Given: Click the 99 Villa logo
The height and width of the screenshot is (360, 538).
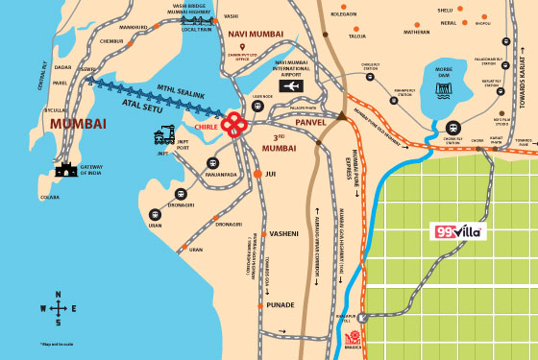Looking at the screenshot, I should (457, 231).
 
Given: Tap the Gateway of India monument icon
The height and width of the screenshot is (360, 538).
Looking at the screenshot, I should (65, 170).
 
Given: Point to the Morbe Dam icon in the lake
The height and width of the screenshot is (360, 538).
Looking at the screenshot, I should (443, 89).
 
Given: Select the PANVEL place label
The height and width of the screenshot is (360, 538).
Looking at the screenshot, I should (311, 123).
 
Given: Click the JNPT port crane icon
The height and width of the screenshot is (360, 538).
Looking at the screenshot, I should (164, 134).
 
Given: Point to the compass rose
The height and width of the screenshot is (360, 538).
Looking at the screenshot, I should (58, 308).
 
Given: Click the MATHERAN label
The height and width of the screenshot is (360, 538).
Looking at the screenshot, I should (416, 31).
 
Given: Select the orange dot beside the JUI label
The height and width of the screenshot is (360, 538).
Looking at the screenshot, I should (257, 173).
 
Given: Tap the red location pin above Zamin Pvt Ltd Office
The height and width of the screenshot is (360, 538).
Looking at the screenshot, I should (242, 47).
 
